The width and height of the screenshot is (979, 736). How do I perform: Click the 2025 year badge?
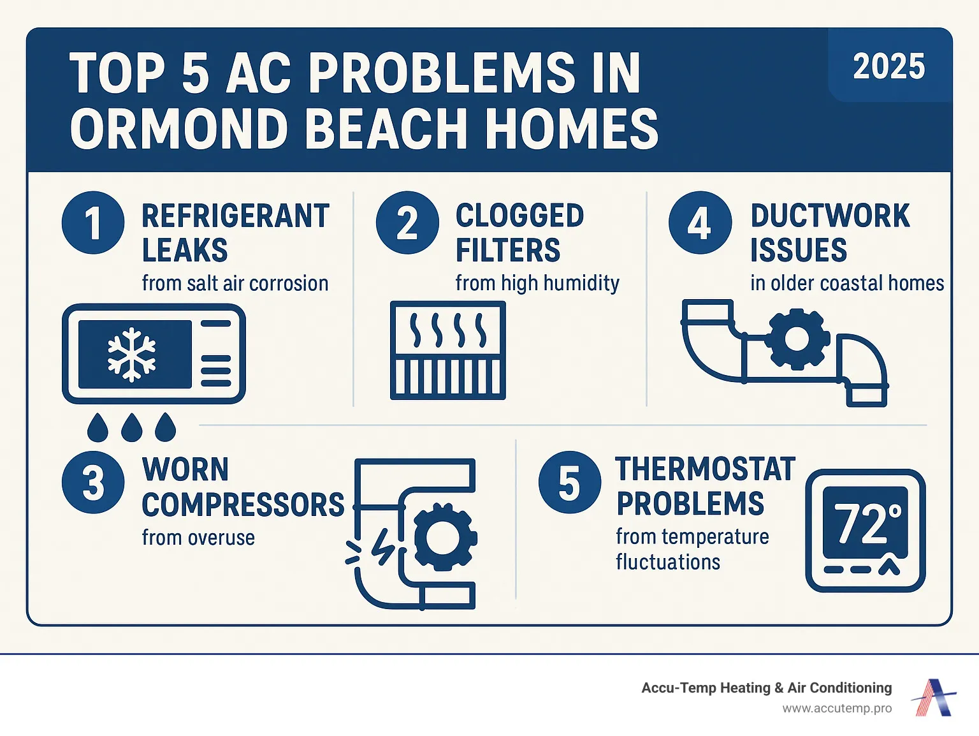pos(888,66)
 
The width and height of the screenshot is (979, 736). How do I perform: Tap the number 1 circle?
pos(93,223)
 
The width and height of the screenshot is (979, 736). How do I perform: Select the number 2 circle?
pos(407,223)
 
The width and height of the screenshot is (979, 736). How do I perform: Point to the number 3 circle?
pos(93,482)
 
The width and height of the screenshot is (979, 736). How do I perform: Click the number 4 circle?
pos(700,223)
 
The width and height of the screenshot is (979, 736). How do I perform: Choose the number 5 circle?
pos(569,482)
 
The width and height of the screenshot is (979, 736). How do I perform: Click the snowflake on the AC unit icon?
pos(132,354)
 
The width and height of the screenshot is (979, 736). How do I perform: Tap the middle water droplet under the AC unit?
pos(131,427)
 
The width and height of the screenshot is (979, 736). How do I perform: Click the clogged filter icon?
pos(447,350)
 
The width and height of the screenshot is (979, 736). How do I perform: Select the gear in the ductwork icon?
pos(797,338)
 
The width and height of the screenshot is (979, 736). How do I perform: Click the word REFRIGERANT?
pos(235,216)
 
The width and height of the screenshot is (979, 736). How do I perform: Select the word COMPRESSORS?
pos(243,504)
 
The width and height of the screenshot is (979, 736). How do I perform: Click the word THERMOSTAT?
pos(706,469)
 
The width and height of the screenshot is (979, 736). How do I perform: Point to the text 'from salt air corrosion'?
pos(235,283)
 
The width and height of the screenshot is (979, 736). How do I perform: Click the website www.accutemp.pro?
pos(837,709)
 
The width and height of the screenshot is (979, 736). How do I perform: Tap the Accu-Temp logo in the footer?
pos(934,697)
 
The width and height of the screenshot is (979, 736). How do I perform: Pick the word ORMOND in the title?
pos(179,129)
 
